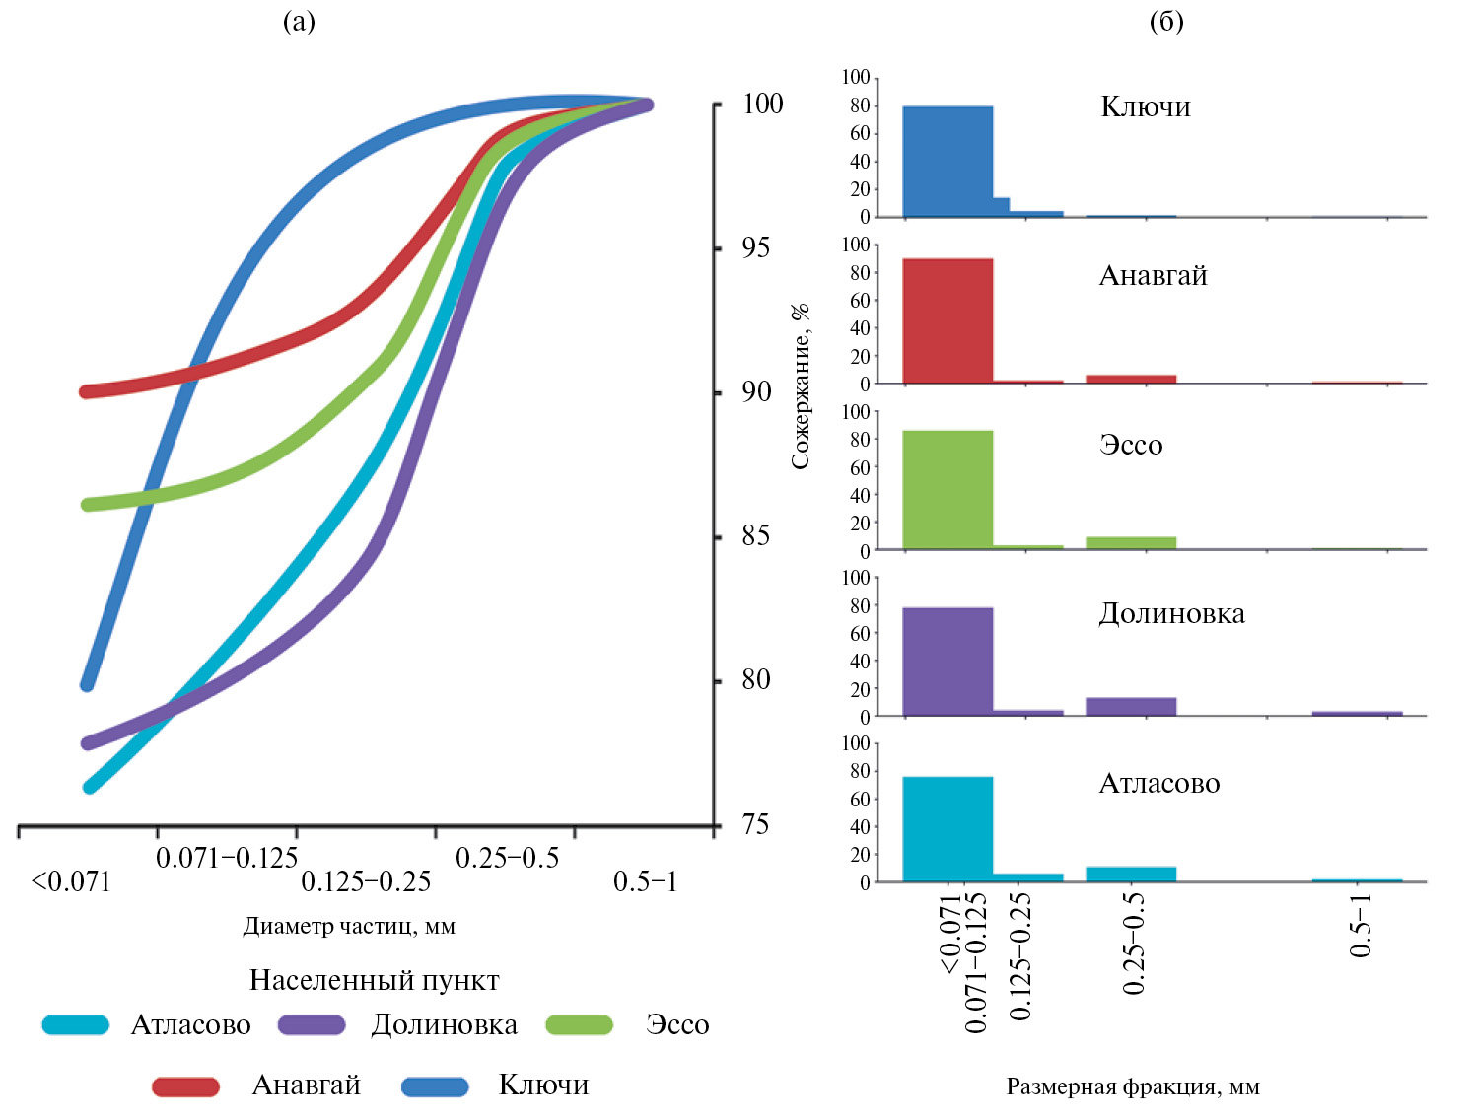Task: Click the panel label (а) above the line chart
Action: [x=299, y=22]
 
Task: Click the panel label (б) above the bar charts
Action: [x=1166, y=22]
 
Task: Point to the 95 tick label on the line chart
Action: [x=755, y=247]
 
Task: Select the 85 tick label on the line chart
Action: [x=755, y=535]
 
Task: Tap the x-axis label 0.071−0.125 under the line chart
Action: [x=227, y=858]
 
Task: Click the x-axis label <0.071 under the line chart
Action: [x=71, y=881]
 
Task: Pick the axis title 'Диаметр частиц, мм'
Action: [x=349, y=926]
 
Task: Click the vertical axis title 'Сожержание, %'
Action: [x=800, y=385]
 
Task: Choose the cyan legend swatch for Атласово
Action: [x=76, y=1025]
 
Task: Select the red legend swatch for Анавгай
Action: [x=185, y=1085]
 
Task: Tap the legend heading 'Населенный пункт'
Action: [x=374, y=980]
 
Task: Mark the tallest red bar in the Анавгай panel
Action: [x=948, y=320]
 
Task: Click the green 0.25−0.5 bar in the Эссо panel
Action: [x=1131, y=542]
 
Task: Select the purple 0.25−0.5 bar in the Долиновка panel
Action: [x=1131, y=706]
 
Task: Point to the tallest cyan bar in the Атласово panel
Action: [x=948, y=828]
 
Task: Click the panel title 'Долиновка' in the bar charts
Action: [x=1171, y=614]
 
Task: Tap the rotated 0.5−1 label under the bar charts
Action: [x=1361, y=926]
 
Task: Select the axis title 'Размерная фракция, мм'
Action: [x=1133, y=1086]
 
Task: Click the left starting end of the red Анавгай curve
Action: [x=88, y=391]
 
